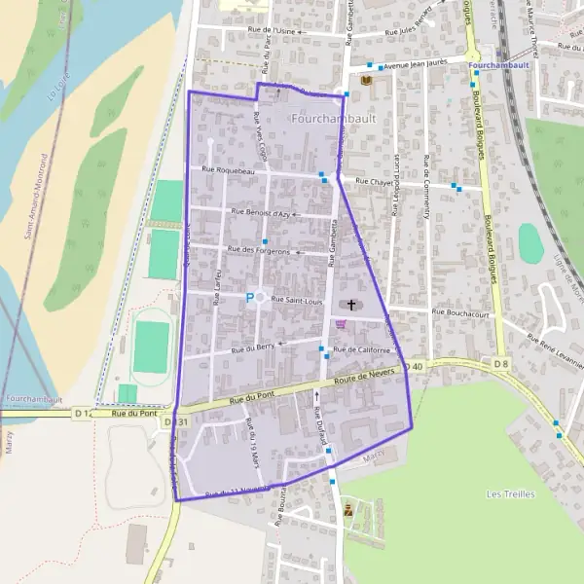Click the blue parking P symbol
pos(249,298)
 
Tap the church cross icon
pos(350,305)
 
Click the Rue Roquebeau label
pos(228,170)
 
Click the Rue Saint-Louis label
pos(296,300)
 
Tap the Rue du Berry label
pos(253,347)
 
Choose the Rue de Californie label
pos(361,349)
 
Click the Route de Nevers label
pos(368,375)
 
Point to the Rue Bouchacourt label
pos(459,313)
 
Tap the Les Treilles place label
pos(510,494)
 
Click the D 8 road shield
pos(501,364)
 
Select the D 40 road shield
pos(416,366)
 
